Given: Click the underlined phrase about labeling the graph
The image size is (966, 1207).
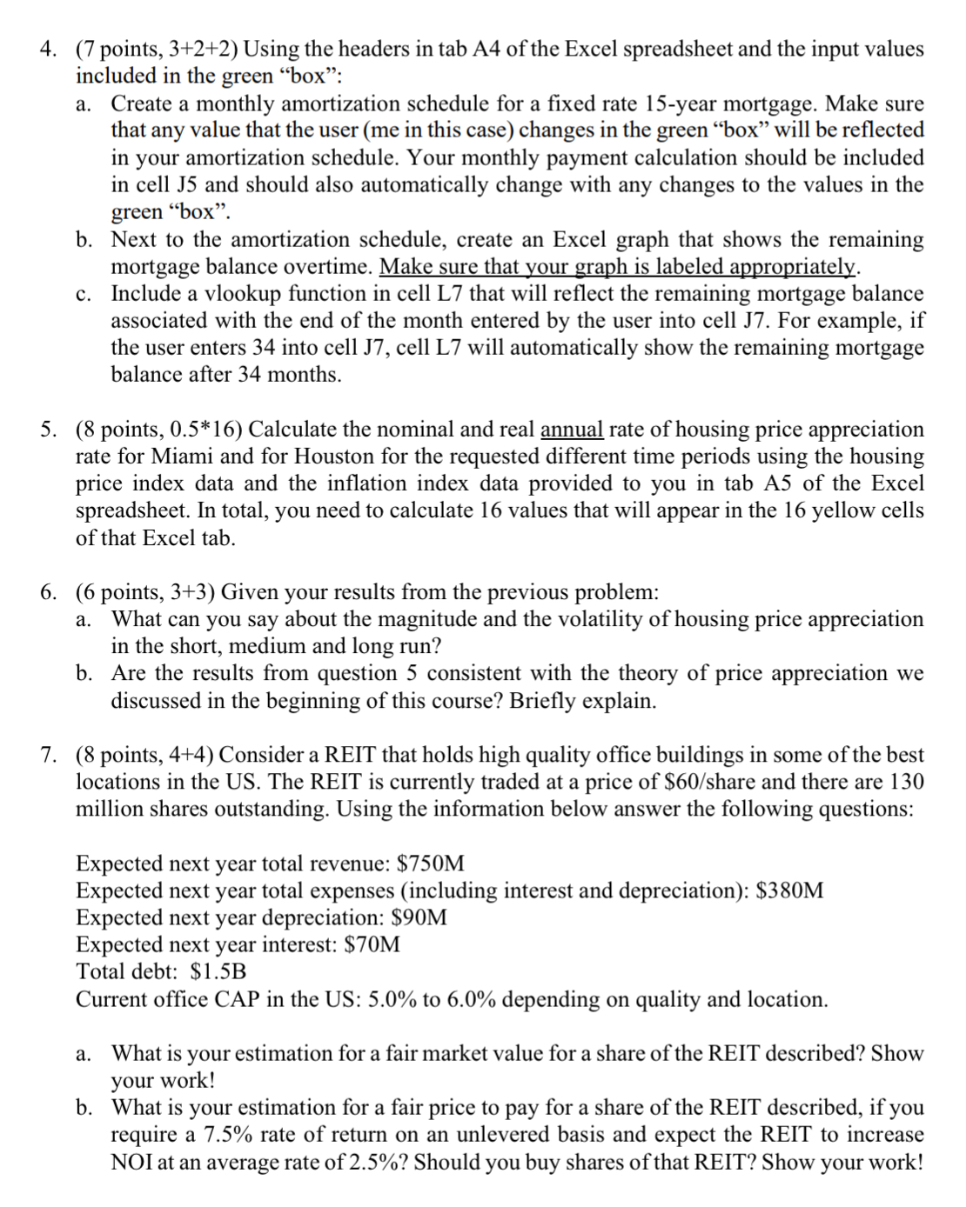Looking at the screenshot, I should [620, 266].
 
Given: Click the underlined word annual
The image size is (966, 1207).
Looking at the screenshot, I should [572, 430].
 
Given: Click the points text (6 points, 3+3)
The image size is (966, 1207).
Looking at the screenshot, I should [145, 592].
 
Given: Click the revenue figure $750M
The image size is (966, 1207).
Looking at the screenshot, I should [430, 864].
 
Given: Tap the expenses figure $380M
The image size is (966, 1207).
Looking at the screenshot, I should [789, 890].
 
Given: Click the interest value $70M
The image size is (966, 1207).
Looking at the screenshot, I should [372, 944].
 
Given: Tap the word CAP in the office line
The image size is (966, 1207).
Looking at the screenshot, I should [238, 999].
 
